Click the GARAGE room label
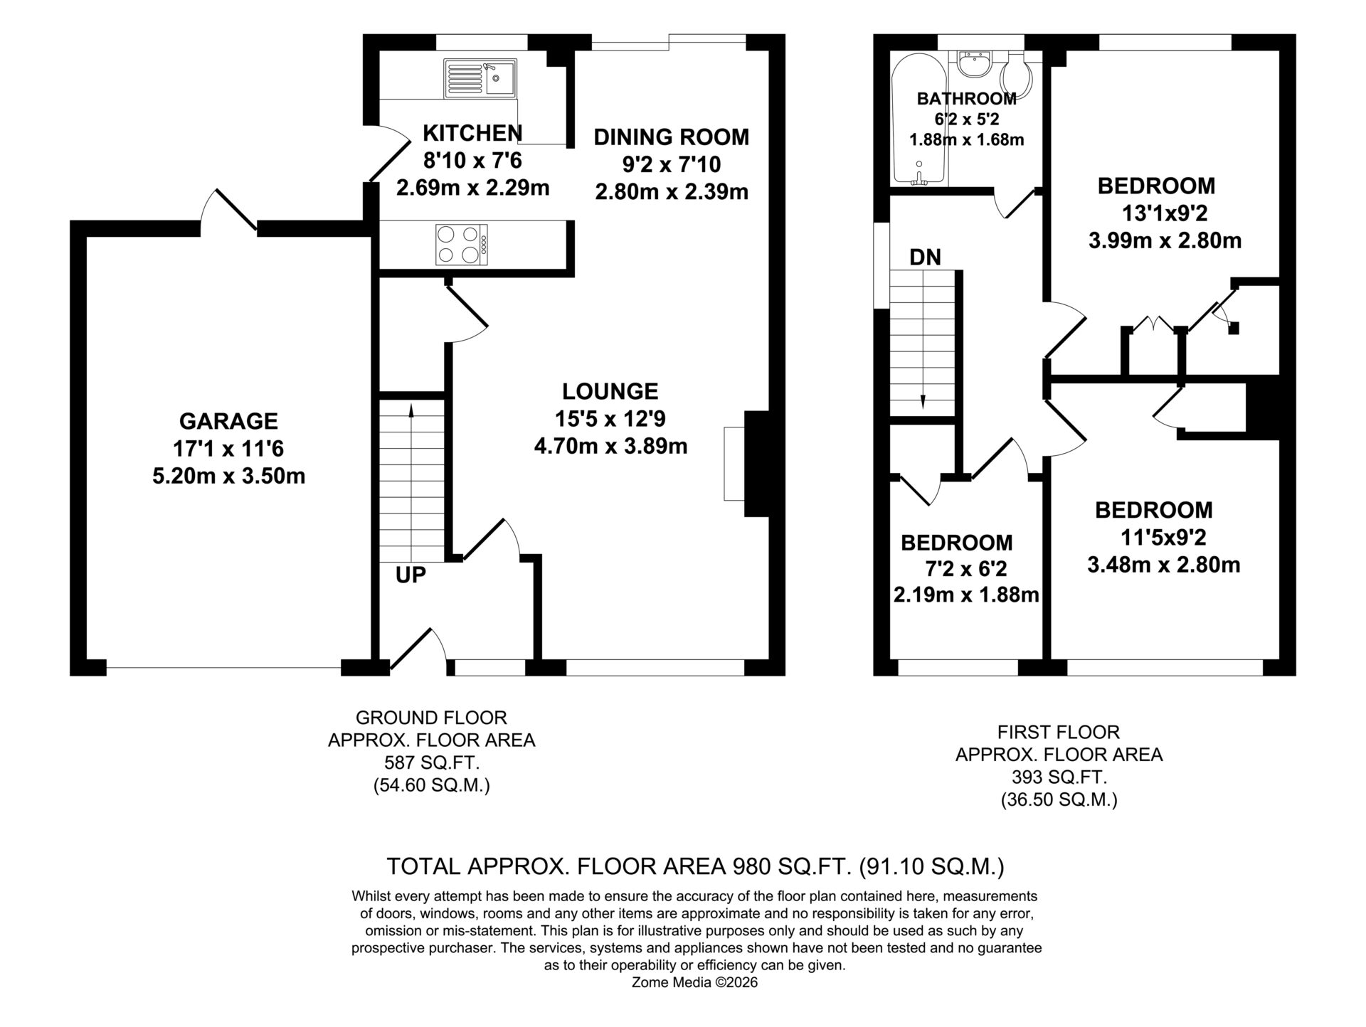coord(228,421)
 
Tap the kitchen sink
coord(480,78)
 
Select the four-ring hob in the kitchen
coord(462,245)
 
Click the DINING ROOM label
coord(672,137)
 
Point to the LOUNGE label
coord(610,391)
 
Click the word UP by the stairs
coord(411,575)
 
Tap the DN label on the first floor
coord(925,257)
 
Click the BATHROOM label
coord(966,99)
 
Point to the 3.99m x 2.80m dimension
coord(1165,240)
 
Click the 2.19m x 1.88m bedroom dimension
coord(967,595)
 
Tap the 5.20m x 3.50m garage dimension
coord(229,476)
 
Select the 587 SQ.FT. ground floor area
coord(432,763)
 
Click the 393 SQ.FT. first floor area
coord(1059,777)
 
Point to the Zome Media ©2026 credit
coord(694,982)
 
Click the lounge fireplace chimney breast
coord(756,464)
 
